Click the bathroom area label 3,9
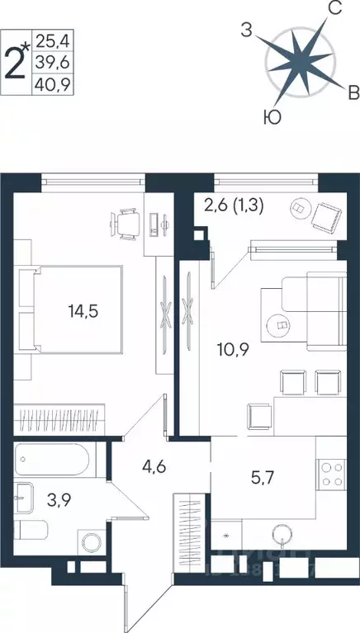tap(56, 498)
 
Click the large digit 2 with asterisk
tap(17, 59)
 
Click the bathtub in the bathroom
tap(58, 459)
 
